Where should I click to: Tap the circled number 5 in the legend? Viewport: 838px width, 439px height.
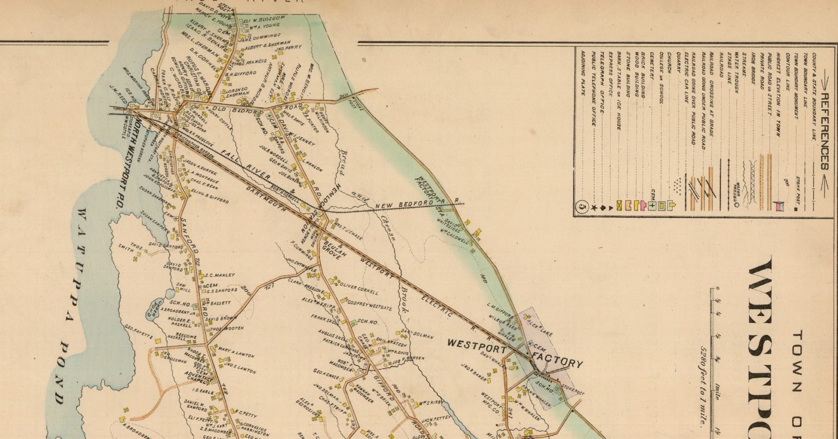coord(582,206)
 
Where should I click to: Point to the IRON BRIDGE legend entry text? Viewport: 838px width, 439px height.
coord(755,71)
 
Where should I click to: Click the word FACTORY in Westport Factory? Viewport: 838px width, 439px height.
coord(556,360)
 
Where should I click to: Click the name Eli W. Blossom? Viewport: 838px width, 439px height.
coord(264,19)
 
